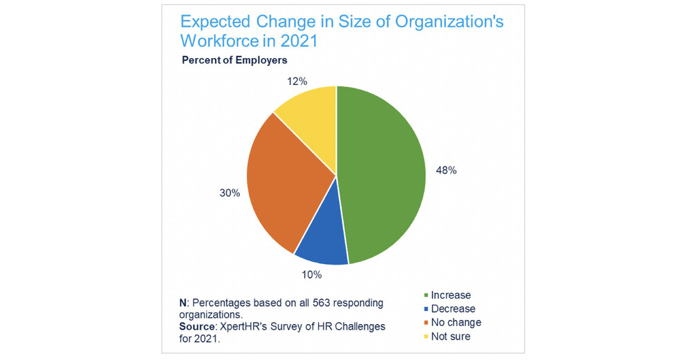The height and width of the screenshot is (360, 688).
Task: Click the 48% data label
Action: (x=445, y=171)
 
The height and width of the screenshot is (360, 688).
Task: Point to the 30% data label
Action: (x=230, y=193)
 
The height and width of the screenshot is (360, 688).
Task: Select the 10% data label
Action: (x=312, y=274)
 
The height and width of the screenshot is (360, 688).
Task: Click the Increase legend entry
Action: (x=450, y=296)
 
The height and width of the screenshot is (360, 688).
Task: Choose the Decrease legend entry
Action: (x=453, y=309)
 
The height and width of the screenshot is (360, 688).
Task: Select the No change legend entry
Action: (x=456, y=322)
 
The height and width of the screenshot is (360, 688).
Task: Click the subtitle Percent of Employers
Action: (x=234, y=60)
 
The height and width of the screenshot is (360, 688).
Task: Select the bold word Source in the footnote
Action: (x=196, y=326)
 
